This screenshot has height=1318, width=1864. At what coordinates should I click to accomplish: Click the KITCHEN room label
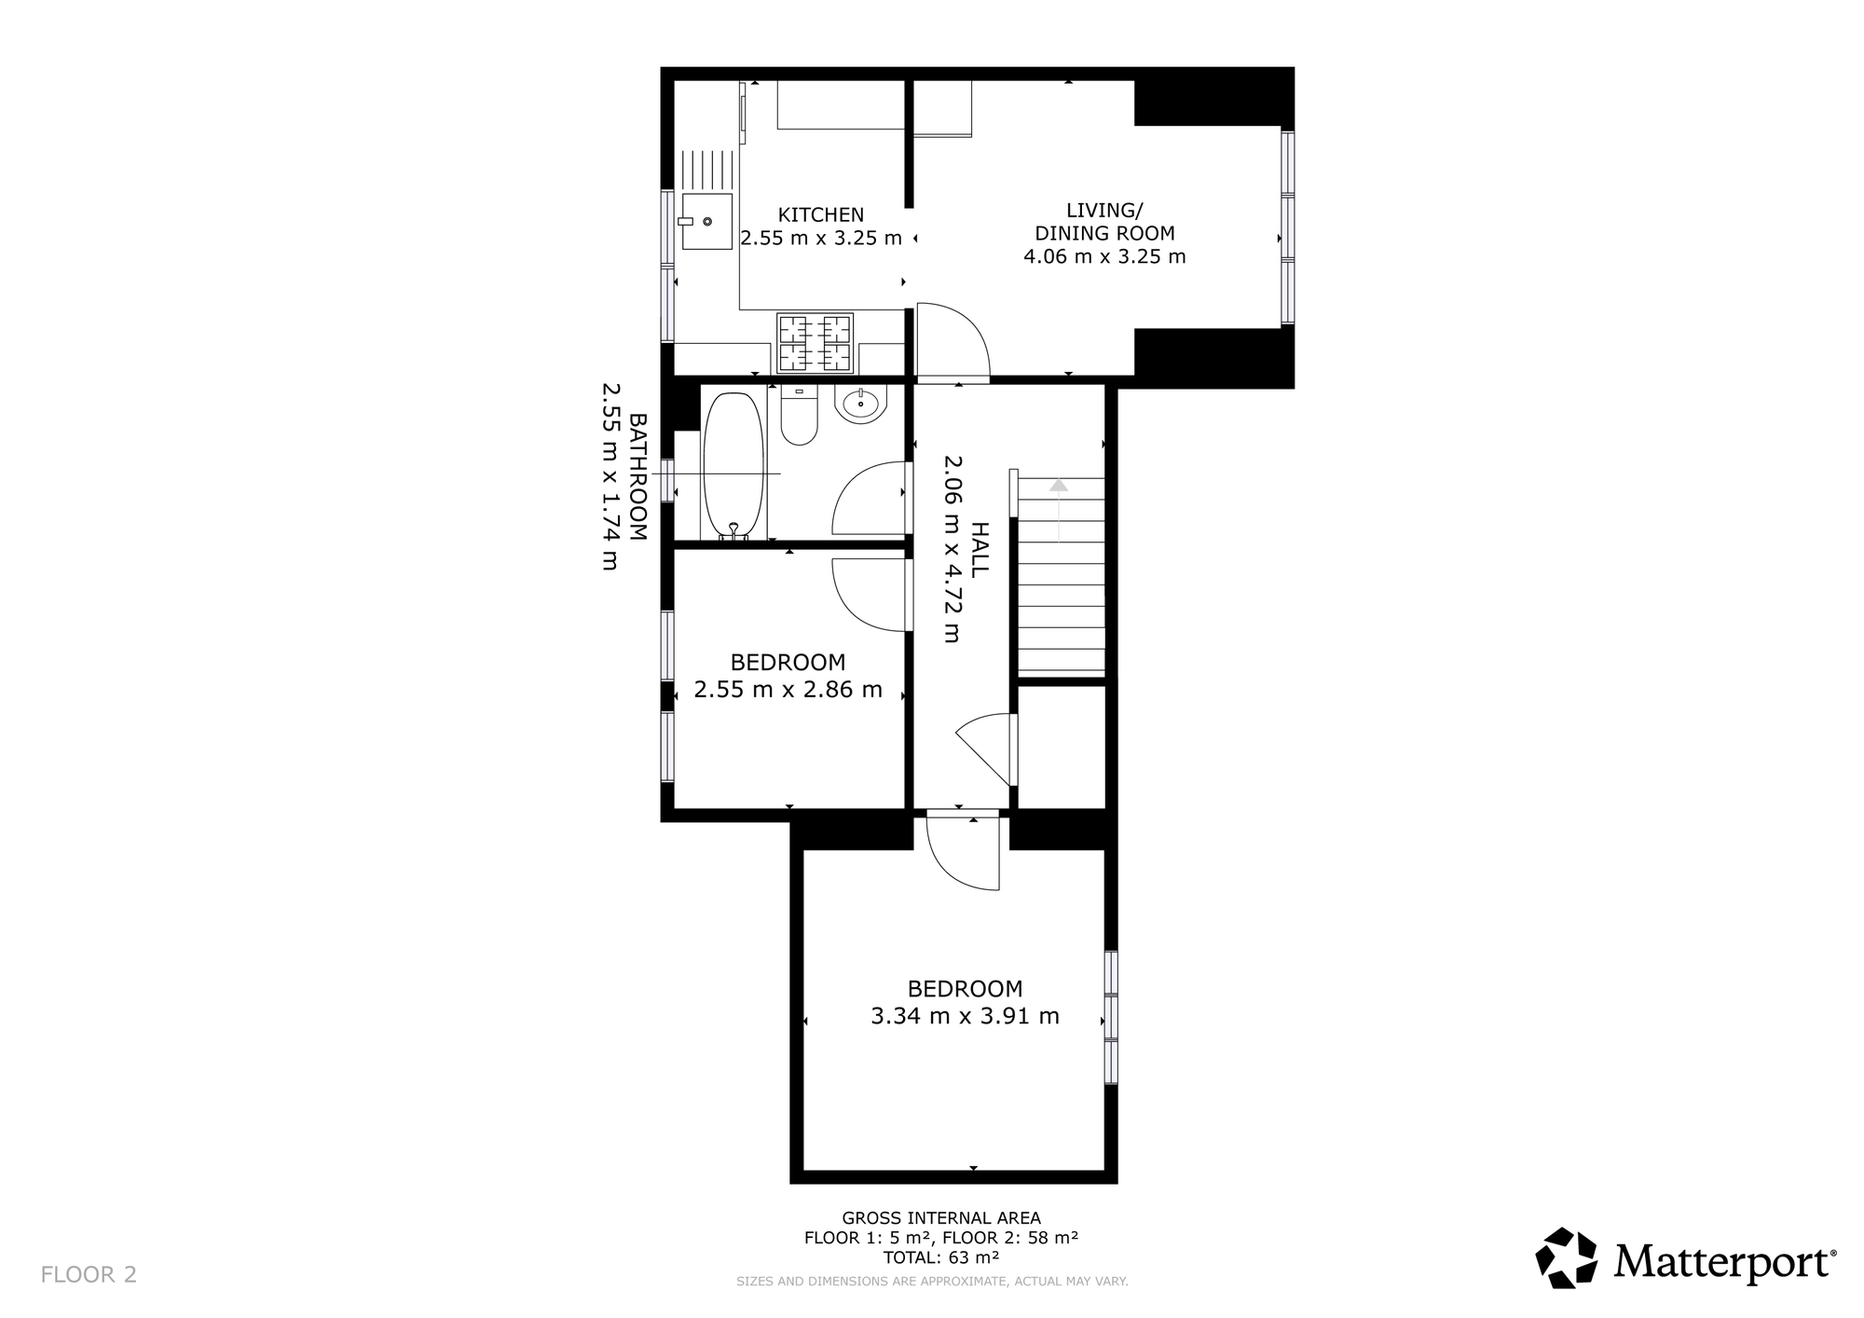(x=821, y=215)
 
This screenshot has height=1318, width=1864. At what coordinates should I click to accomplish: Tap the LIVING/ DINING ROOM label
(x=1104, y=222)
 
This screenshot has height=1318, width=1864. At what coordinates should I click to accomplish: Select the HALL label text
(x=980, y=549)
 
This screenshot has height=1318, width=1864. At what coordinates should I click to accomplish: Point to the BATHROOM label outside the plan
(x=638, y=477)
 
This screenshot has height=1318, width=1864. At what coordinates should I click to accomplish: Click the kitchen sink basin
(x=707, y=222)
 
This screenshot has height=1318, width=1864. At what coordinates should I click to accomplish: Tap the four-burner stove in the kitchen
(x=815, y=343)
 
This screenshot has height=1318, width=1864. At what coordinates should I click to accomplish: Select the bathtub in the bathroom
(x=733, y=466)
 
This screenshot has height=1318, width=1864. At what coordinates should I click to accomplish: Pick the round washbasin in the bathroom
(x=861, y=405)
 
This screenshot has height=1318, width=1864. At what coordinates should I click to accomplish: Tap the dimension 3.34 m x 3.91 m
(x=965, y=1016)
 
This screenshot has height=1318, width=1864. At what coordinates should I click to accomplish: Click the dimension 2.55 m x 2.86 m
(x=788, y=691)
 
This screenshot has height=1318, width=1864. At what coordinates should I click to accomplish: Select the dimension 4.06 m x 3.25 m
(x=1104, y=256)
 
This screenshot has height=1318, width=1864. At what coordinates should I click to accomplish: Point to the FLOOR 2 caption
(x=89, y=1275)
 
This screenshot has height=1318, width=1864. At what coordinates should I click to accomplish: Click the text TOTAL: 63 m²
(x=941, y=1257)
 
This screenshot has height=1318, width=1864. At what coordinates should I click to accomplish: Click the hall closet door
(x=987, y=748)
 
